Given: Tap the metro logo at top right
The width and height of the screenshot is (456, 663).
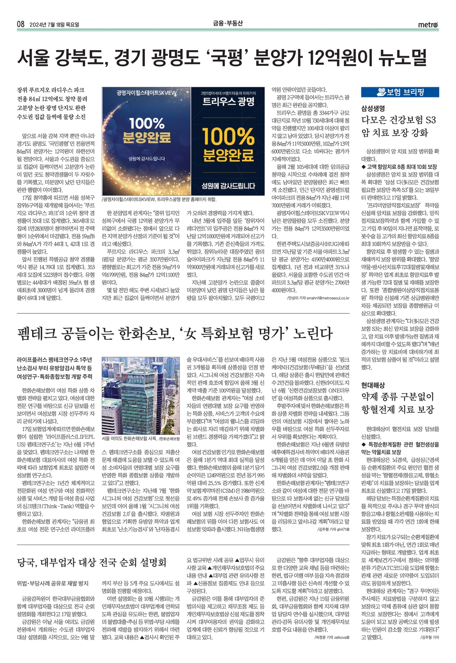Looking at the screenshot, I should coord(427,24).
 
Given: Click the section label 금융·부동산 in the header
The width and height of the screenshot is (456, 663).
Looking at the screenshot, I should coord(228,24).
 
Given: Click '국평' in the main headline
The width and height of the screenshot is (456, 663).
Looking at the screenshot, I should coord(230,57).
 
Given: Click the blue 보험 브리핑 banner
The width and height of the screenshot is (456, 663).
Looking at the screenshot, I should coord(400,92).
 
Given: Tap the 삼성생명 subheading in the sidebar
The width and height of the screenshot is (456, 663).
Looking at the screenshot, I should coord(373,108).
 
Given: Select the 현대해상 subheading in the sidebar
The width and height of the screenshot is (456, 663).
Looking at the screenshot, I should coord(373,385).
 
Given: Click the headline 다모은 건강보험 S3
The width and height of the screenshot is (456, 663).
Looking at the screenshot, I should coord(398,120).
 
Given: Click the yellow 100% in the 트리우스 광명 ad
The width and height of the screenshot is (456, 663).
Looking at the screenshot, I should coord(228,137).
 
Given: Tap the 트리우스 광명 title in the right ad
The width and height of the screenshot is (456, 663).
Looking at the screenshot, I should coord(228,102).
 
